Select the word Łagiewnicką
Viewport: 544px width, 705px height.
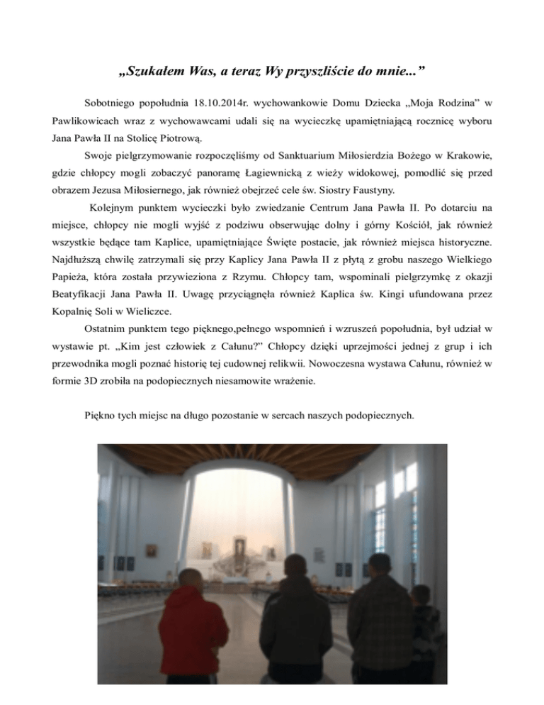point(284,172)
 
